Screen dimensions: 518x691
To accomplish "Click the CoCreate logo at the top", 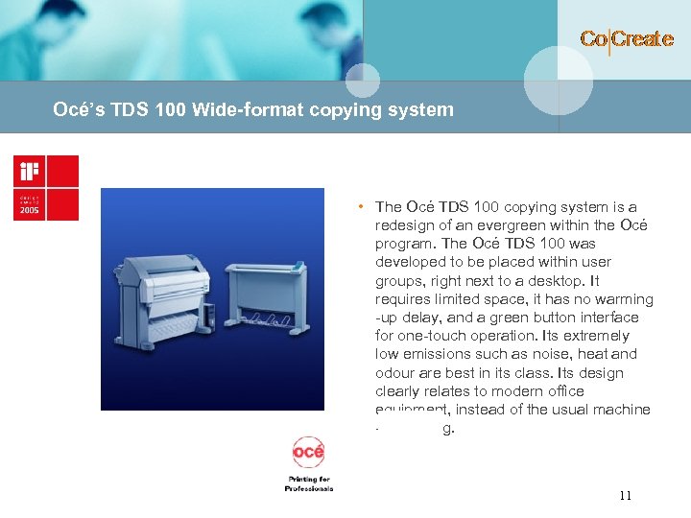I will tap(627, 39).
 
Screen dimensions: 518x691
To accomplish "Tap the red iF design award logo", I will tap(46, 188).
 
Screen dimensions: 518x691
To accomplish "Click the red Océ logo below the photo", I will tap(308, 451).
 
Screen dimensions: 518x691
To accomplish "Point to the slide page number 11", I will tap(625, 496).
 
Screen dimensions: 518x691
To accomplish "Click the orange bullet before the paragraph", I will tap(357, 206).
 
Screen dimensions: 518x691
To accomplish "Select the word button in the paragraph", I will tap(568, 318).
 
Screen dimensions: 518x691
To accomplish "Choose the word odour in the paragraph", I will tap(397, 373).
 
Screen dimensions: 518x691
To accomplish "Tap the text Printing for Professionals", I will tap(308, 483).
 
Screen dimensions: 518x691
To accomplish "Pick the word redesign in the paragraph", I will tap(407, 225).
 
